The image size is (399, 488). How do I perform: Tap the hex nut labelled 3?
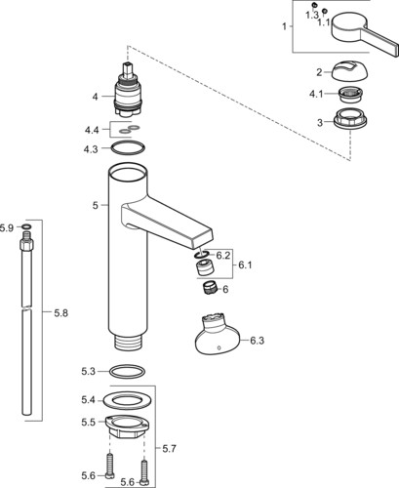click(350, 118)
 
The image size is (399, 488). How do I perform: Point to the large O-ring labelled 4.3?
click(128, 147)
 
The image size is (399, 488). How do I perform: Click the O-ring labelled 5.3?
click(128, 372)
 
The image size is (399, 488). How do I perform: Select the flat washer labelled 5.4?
click(128, 400)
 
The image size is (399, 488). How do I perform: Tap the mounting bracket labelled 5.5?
click(127, 427)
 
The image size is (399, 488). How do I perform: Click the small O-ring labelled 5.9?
click(26, 226)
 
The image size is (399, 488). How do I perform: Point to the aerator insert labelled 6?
click(209, 289)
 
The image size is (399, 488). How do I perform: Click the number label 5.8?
click(60, 313)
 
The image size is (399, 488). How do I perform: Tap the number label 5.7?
click(169, 449)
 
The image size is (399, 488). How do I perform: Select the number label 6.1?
click(245, 265)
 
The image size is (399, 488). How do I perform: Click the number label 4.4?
click(92, 130)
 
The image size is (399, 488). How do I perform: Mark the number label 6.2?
click(223, 256)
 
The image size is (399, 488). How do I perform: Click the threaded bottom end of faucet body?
click(128, 343)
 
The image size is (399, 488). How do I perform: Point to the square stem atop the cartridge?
click(128, 69)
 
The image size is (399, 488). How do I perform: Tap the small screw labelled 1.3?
click(314, 5)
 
